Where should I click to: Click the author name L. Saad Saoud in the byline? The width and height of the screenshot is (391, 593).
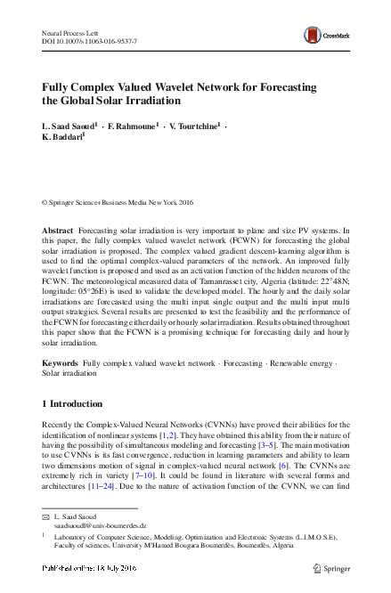(70, 127)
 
